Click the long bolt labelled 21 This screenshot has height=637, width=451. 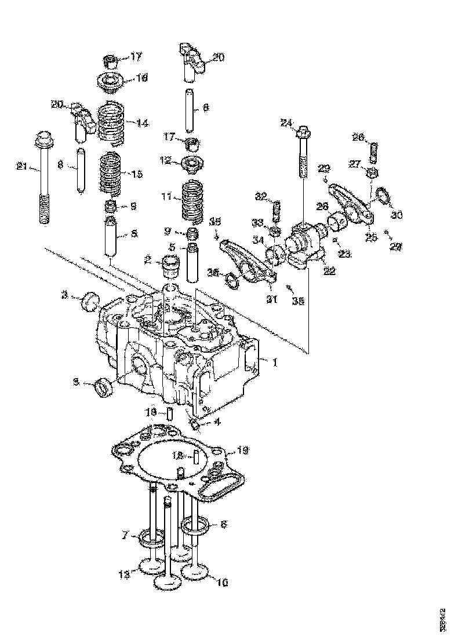pyautogui.click(x=44, y=180)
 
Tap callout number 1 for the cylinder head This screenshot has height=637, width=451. pyautogui.click(x=275, y=363)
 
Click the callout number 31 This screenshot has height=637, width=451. pyautogui.click(x=272, y=298)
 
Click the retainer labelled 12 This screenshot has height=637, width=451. pyautogui.click(x=190, y=163)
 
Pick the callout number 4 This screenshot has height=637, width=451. pyautogui.click(x=217, y=422)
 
